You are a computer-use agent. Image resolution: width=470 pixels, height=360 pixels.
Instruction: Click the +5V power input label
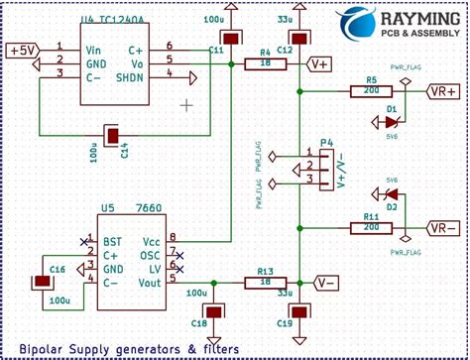[22, 50]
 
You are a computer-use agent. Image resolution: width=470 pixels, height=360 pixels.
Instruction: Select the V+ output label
[320, 64]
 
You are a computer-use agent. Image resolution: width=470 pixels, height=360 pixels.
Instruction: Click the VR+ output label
[442, 91]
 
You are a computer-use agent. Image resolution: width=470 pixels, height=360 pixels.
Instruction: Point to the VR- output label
[442, 227]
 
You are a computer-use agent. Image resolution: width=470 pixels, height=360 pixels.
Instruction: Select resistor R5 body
[371, 92]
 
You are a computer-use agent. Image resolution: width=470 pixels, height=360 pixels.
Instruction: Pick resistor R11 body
[371, 227]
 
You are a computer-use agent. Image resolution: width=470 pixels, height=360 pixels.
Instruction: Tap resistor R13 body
[265, 283]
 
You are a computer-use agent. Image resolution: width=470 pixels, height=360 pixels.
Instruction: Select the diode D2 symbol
[390, 194]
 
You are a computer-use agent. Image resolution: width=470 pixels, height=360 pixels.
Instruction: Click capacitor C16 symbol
[43, 282]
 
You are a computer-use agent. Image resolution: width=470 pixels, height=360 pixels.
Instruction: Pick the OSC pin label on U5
[151, 254]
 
